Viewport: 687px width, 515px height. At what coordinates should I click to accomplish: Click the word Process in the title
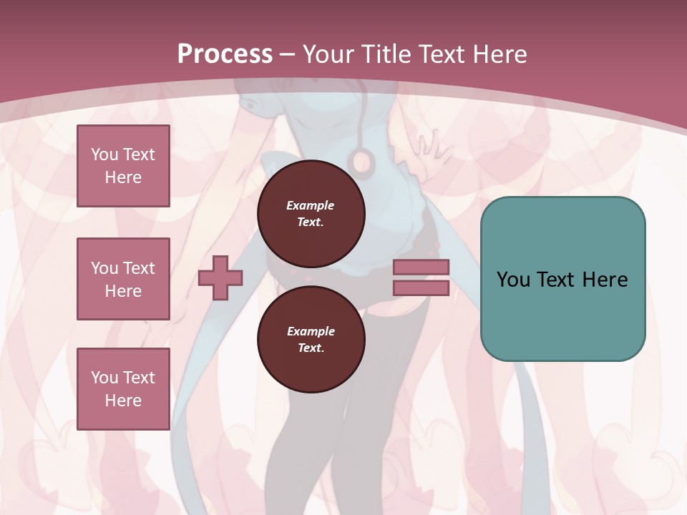click(225, 54)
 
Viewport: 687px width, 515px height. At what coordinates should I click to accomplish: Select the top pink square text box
click(123, 166)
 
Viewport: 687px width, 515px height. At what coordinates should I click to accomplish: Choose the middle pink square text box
click(123, 279)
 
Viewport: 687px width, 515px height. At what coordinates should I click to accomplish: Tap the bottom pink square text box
click(123, 388)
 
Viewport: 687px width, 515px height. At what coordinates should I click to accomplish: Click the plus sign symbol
click(220, 278)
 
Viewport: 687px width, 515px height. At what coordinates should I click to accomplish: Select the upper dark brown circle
click(311, 213)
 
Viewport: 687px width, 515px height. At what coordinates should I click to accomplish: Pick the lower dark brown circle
click(311, 339)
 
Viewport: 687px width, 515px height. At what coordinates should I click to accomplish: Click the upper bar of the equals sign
click(421, 268)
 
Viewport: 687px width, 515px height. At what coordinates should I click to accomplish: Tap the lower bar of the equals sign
click(421, 288)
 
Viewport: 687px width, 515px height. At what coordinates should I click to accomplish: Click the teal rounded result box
click(562, 279)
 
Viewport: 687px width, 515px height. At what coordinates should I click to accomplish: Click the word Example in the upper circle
click(311, 205)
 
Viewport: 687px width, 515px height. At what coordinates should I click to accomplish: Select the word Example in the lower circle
click(311, 331)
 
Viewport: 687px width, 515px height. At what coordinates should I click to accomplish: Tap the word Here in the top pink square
click(123, 177)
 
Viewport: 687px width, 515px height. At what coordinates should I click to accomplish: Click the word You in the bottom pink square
click(104, 377)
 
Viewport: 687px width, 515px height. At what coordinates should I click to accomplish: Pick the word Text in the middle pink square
click(139, 268)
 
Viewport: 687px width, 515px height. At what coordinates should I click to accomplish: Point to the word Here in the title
click(498, 54)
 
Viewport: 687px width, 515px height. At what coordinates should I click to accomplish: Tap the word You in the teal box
click(513, 280)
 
